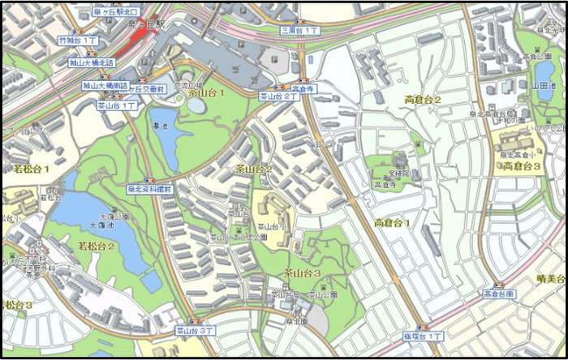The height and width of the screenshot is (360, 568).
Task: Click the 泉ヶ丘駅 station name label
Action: click(x=149, y=26)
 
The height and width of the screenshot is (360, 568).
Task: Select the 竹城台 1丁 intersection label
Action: click(x=79, y=39)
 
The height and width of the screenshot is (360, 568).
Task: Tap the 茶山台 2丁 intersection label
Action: click(x=279, y=96)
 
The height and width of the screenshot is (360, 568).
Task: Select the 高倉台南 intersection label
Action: click(x=498, y=293)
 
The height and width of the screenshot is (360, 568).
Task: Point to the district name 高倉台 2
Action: click(x=422, y=100)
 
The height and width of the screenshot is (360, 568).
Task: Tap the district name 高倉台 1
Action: click(x=392, y=222)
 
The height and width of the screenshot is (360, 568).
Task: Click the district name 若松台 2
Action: click(x=95, y=245)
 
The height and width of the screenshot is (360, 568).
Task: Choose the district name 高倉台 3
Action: click(x=522, y=166)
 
